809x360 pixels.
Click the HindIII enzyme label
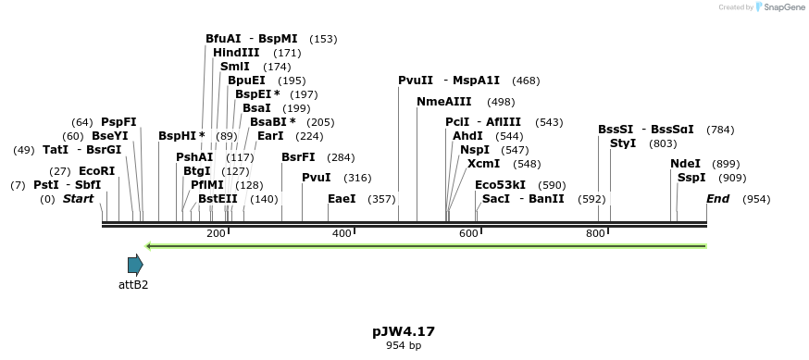(x=236, y=53)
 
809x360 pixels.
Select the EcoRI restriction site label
(x=96, y=171)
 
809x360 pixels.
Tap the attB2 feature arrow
(x=135, y=265)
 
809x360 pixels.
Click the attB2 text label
(x=133, y=284)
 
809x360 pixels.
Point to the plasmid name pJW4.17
(x=404, y=330)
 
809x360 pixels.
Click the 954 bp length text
(x=404, y=345)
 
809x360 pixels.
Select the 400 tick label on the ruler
(x=341, y=233)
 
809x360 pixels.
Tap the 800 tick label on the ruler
(x=594, y=233)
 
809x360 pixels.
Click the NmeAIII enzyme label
(x=444, y=101)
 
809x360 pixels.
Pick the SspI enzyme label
(x=691, y=178)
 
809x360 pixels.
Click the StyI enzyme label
(x=623, y=143)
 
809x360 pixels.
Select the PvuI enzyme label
(x=317, y=178)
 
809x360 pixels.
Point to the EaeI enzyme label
(x=342, y=199)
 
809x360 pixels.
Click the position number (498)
(x=501, y=102)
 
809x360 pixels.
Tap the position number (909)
(x=732, y=178)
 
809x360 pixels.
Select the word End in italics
(x=718, y=199)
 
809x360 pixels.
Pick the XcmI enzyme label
(x=484, y=164)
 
